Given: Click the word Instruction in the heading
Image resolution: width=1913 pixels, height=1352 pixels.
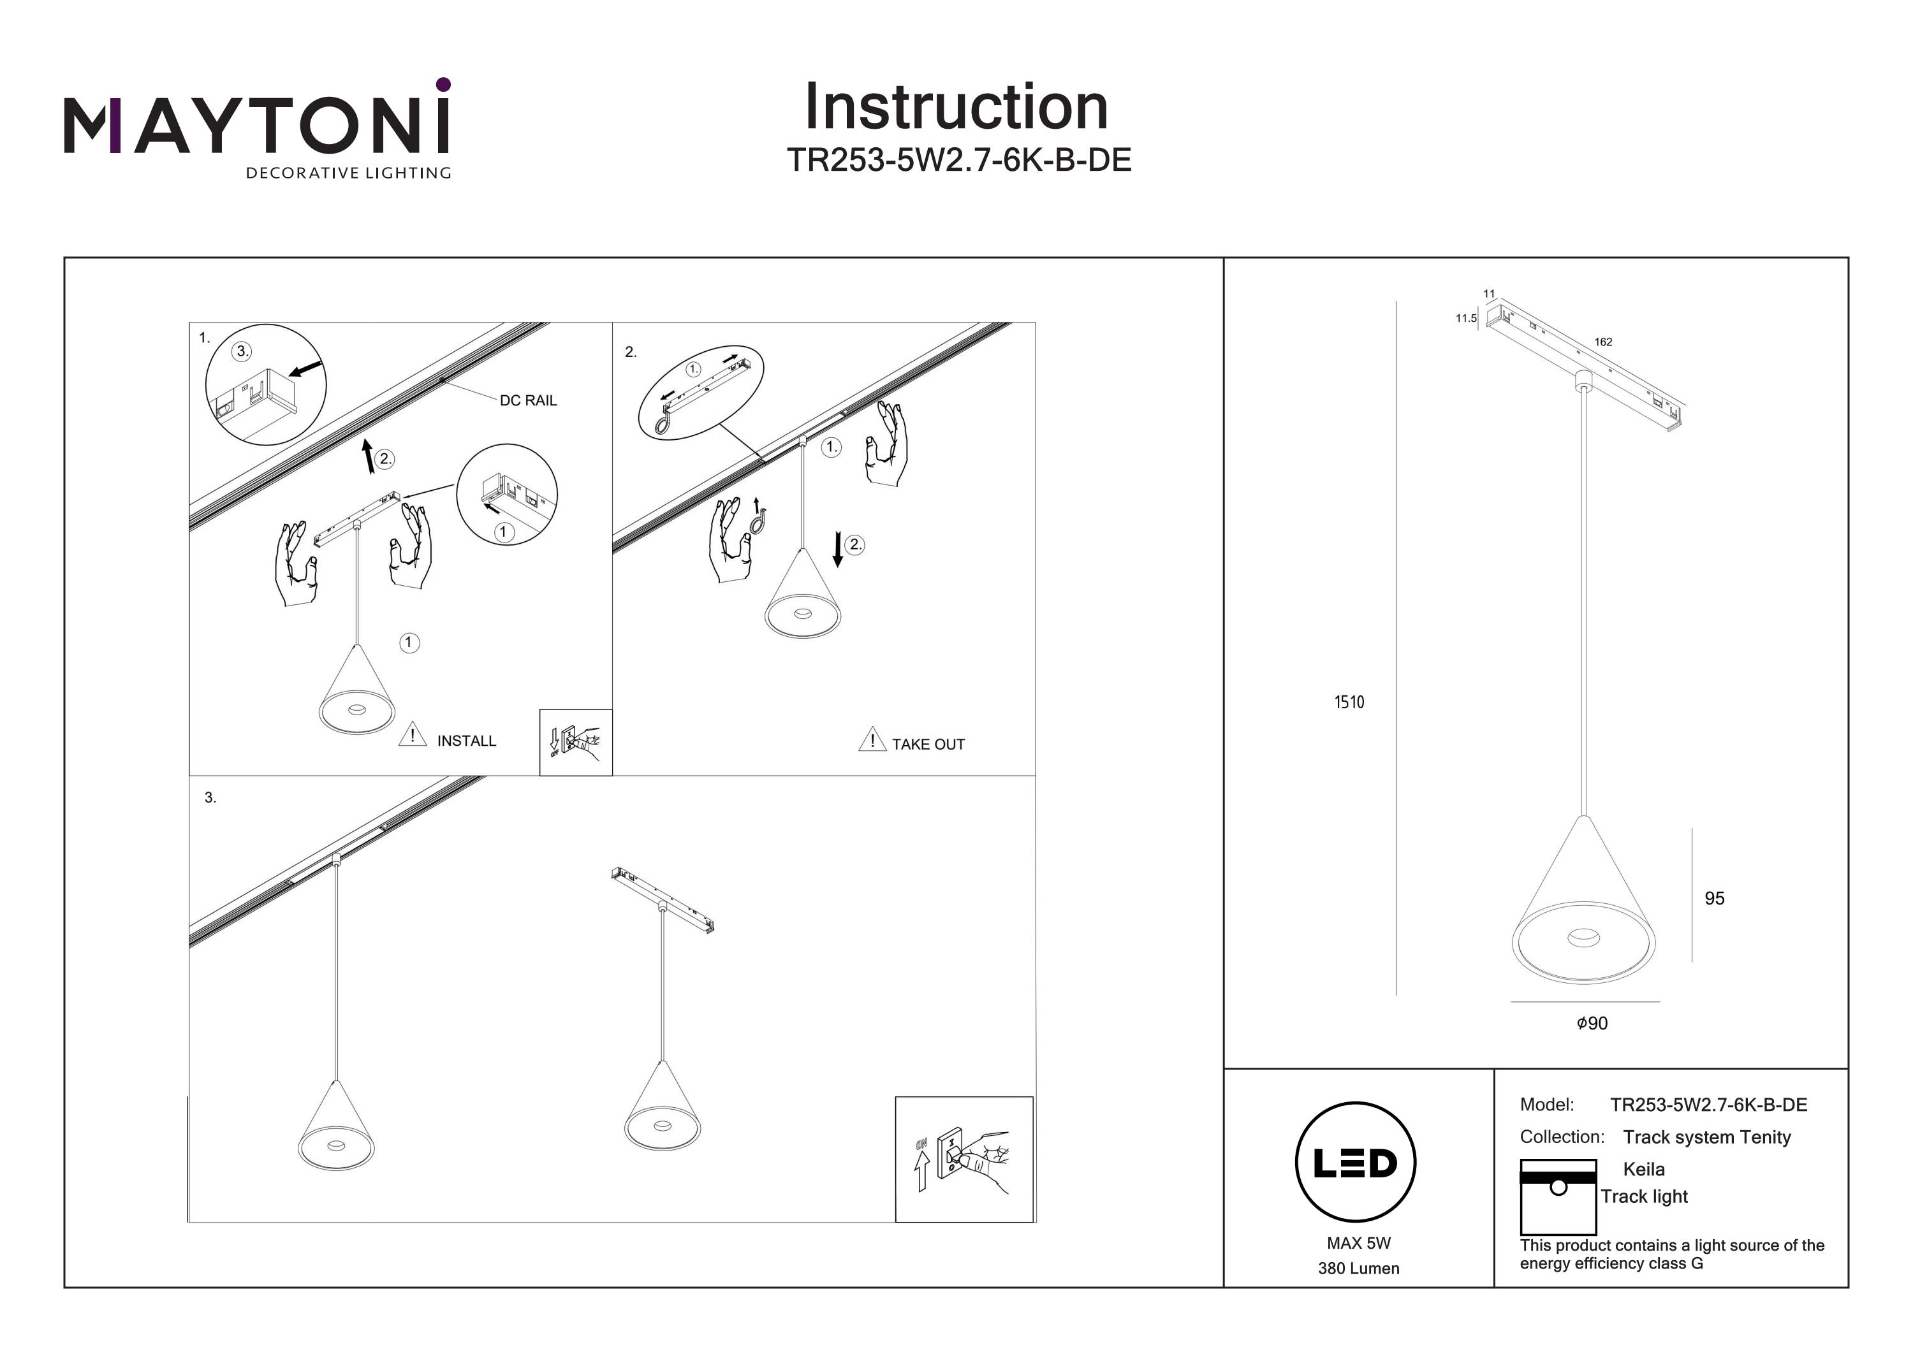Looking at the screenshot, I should pyautogui.click(x=956, y=108).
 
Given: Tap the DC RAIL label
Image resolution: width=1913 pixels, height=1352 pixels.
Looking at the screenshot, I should pyautogui.click(x=528, y=401).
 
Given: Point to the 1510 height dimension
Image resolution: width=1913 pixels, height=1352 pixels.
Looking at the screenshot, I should pyautogui.click(x=1349, y=702).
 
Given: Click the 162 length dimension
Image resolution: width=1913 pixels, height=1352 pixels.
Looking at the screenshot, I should pyautogui.click(x=1603, y=342).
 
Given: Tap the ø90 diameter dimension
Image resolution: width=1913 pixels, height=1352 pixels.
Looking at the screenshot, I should pyautogui.click(x=1592, y=1023).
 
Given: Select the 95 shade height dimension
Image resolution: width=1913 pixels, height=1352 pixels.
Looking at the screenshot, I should pyautogui.click(x=1714, y=898).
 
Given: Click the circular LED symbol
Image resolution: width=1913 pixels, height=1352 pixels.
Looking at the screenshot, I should pyautogui.click(x=1355, y=1163).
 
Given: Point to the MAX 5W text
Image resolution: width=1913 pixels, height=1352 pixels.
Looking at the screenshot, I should pyautogui.click(x=1358, y=1243).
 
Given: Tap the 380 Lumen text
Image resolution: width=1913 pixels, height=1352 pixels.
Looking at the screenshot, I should pyautogui.click(x=1358, y=1268).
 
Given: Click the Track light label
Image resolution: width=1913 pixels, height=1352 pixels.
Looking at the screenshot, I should pyautogui.click(x=1644, y=1196).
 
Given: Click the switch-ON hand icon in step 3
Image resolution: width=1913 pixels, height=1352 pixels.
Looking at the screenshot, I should pyautogui.click(x=964, y=1159).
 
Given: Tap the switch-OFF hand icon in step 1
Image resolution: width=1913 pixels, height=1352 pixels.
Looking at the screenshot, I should pyautogui.click(x=576, y=742).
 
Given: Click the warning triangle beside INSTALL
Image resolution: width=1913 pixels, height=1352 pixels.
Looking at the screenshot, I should pyautogui.click(x=413, y=736).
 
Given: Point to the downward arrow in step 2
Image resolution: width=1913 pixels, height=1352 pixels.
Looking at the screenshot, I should pyautogui.click(x=837, y=551).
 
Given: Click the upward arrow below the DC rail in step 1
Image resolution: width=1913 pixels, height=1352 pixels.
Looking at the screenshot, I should pyautogui.click(x=369, y=456).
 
